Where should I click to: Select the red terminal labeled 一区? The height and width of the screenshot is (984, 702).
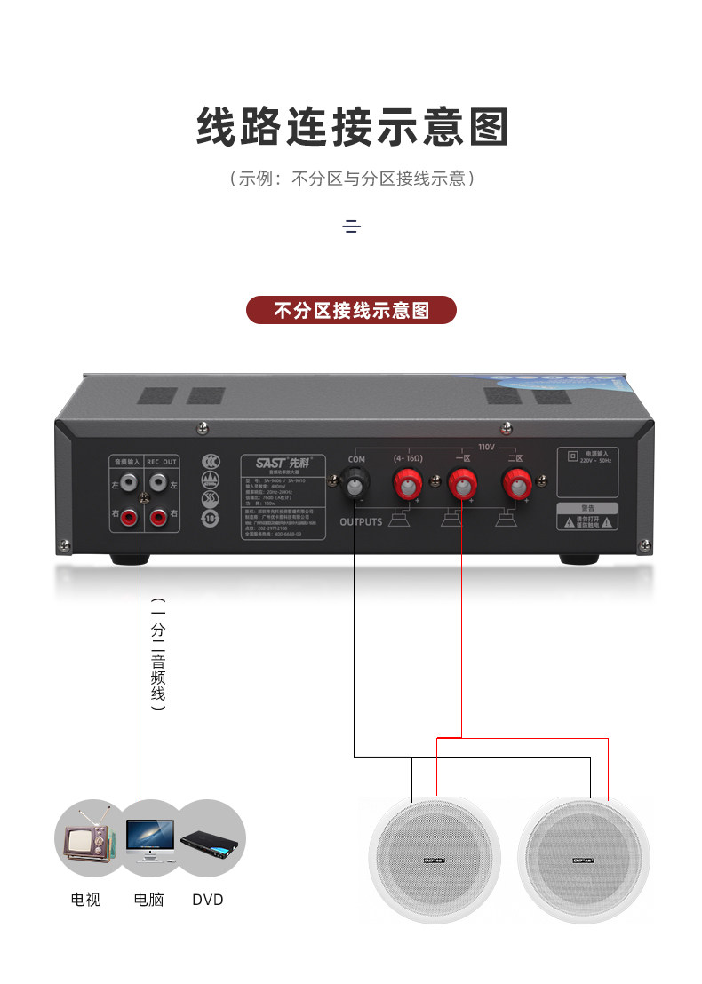(461, 486)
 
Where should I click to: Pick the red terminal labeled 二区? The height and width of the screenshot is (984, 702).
(515, 486)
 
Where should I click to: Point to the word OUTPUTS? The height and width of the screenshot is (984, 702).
(361, 522)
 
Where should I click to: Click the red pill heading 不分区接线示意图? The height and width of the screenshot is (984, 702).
(351, 310)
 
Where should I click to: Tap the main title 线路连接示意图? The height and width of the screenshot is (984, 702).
(352, 127)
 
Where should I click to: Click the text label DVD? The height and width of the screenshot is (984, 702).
(208, 900)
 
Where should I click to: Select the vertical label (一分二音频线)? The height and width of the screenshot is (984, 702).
(158, 654)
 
